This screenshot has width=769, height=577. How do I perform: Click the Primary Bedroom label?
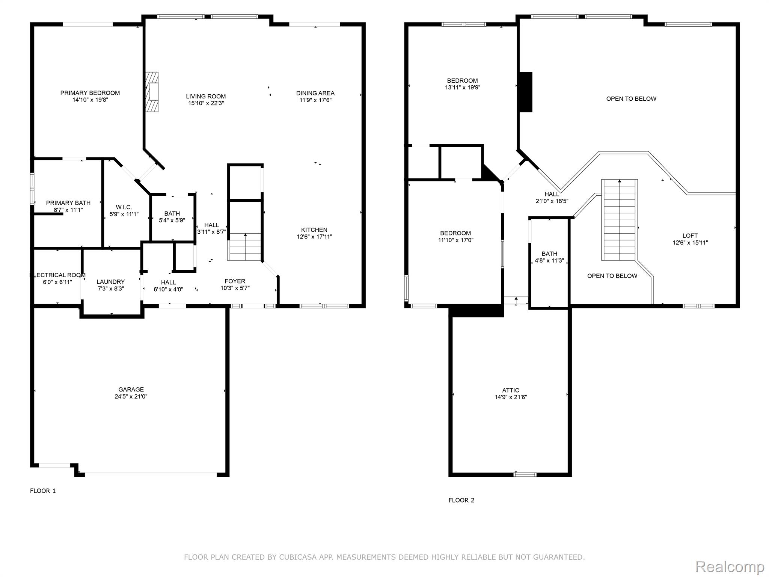[90, 93]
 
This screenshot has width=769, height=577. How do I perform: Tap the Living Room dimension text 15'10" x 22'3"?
[206, 103]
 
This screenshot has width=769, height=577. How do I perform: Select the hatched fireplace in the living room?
[152, 92]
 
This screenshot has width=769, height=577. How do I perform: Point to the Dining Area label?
[315, 93]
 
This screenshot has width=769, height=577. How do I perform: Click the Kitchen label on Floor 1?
[314, 230]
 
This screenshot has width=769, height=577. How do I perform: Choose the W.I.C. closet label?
[124, 207]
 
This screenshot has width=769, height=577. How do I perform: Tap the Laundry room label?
[110, 282]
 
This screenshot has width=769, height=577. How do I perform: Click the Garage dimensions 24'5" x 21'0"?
[131, 396]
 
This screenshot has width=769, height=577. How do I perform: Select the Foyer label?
[235, 281]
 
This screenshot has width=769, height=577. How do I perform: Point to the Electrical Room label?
[58, 275]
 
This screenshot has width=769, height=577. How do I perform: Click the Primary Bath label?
[68, 203]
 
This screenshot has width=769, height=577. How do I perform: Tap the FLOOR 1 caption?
[43, 491]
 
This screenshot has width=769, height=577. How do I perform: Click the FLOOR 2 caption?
[461, 500]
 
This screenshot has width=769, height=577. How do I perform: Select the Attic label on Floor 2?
[511, 390]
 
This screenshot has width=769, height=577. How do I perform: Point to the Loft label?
[690, 236]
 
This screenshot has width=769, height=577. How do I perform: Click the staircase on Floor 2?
[620, 220]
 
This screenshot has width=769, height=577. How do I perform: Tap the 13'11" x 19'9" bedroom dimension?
[463, 88]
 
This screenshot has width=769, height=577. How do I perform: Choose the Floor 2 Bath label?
[549, 254]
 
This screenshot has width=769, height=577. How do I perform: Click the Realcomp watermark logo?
[730, 566]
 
